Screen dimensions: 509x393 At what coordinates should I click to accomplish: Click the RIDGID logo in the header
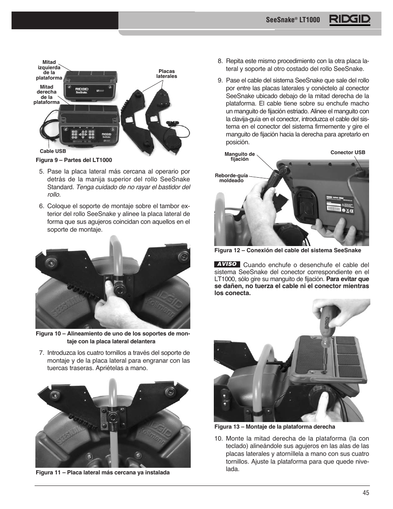349,20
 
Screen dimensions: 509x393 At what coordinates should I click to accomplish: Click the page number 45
366,492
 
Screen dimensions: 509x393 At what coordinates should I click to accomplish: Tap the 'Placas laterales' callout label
166,74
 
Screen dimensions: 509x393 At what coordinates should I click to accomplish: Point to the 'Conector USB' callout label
348,152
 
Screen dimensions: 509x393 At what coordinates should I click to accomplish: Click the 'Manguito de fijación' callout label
239,157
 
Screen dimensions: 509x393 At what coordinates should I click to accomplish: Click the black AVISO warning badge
227,264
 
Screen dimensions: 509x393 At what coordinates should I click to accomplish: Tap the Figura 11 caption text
103,472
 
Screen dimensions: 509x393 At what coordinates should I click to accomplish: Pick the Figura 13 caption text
274,427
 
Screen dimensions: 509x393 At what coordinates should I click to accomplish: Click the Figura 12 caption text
288,250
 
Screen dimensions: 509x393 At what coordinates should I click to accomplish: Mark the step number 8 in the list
220,61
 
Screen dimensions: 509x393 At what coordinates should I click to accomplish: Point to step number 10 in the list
218,439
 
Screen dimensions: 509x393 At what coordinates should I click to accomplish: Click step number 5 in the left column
41,172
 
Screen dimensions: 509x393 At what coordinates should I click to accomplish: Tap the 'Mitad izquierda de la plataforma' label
49,70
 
